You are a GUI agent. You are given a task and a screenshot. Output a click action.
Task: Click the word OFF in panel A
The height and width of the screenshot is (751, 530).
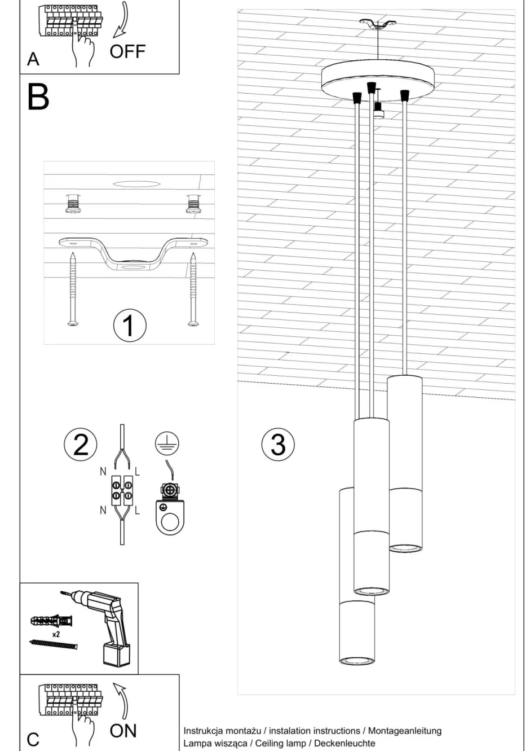(x=127, y=51)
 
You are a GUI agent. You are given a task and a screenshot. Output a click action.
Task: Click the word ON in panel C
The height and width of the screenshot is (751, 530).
(x=123, y=731)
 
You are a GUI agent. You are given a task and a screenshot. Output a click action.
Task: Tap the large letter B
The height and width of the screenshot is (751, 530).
(x=38, y=97)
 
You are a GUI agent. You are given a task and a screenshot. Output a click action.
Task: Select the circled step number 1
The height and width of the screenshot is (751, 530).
(x=129, y=326)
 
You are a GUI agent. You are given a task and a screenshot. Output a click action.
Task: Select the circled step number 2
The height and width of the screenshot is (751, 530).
(x=80, y=444)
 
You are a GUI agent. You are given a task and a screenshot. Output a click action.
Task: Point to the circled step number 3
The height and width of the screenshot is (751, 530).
(x=277, y=444)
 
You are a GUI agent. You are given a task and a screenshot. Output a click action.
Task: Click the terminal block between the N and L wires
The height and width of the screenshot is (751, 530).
(x=122, y=489)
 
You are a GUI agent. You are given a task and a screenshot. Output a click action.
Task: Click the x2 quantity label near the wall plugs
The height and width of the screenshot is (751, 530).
(x=56, y=634)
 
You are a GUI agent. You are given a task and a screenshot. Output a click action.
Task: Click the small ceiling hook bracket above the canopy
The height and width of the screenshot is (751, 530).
(x=378, y=25)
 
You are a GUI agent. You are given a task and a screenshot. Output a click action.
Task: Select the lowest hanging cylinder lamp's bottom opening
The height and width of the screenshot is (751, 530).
(x=356, y=660)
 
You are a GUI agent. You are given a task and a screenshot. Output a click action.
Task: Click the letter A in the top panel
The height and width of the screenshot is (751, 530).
(x=33, y=59)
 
